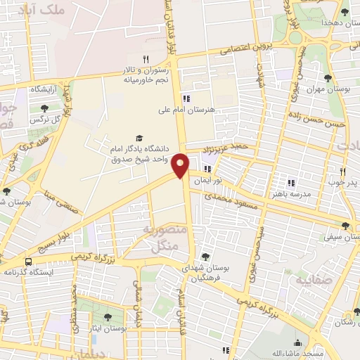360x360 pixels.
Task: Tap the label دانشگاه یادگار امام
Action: click(139, 150)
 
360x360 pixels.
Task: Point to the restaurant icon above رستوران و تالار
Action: click(146, 59)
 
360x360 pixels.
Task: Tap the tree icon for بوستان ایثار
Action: click(108, 318)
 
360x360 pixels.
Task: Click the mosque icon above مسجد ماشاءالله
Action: click(297, 342)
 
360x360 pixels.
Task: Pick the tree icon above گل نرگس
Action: click(45, 108)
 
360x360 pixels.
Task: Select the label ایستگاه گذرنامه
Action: click(31, 271)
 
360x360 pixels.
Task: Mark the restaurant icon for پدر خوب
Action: click(344, 172)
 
